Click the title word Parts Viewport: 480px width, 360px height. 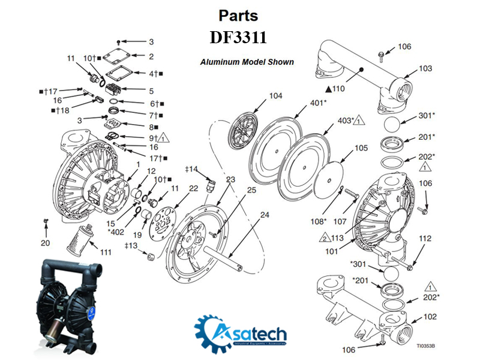(x=238, y=15)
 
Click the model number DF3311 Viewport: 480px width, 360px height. (x=238, y=38)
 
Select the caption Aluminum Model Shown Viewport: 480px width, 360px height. (x=247, y=62)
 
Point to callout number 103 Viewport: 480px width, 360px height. (x=425, y=69)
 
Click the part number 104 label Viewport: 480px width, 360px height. (x=275, y=96)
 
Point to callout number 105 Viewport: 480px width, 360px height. (x=361, y=148)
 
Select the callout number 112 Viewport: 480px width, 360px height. (x=425, y=238)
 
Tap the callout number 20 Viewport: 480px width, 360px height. (x=46, y=243)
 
